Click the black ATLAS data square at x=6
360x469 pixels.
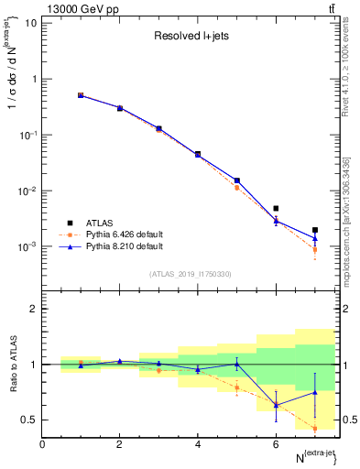coord(276,209)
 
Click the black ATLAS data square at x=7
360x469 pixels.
coord(315,231)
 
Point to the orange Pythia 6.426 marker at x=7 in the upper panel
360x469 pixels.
coord(315,249)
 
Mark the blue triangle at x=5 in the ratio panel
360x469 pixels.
coord(237,364)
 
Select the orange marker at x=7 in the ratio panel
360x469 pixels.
coord(315,428)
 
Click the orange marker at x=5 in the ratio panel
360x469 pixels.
coord(237,387)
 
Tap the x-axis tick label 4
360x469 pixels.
coord(198,444)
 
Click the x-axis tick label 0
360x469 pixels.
coord(42,444)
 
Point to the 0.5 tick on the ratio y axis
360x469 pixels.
coord(30,420)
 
